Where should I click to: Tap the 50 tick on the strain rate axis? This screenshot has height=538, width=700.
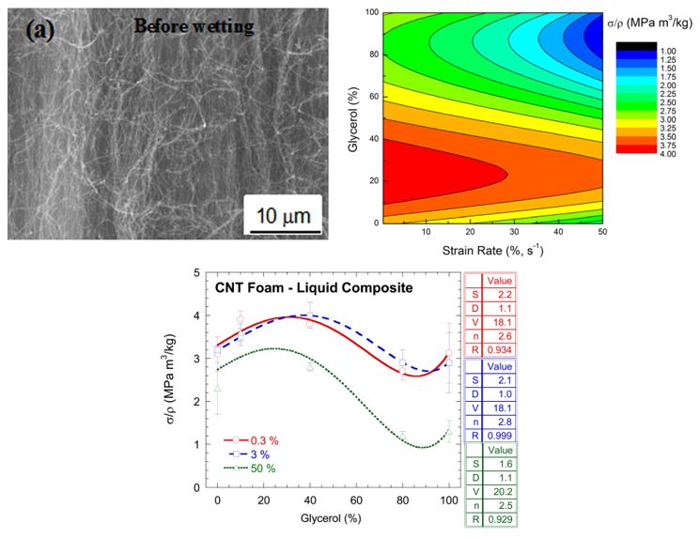click(x=599, y=231)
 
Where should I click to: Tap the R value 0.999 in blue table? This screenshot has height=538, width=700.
click(x=498, y=435)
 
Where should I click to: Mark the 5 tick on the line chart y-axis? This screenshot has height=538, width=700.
click(x=196, y=273)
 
